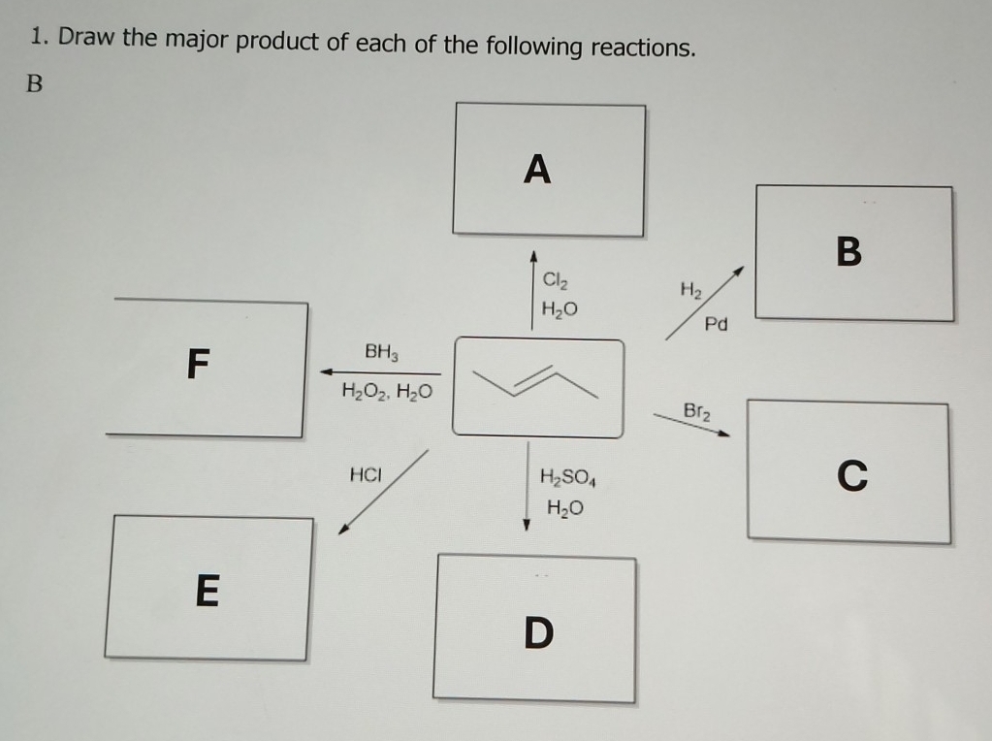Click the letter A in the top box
coord(536,170)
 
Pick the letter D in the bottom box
coord(538,633)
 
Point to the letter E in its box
coord(207,590)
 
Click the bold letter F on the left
coord(197,366)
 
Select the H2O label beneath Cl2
coord(559,309)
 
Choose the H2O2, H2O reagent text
coord(388,393)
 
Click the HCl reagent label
coord(366,475)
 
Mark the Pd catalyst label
coord(716,324)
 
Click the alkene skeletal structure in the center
coord(537,385)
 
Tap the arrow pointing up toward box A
coord(532,291)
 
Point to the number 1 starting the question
coord(36,38)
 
